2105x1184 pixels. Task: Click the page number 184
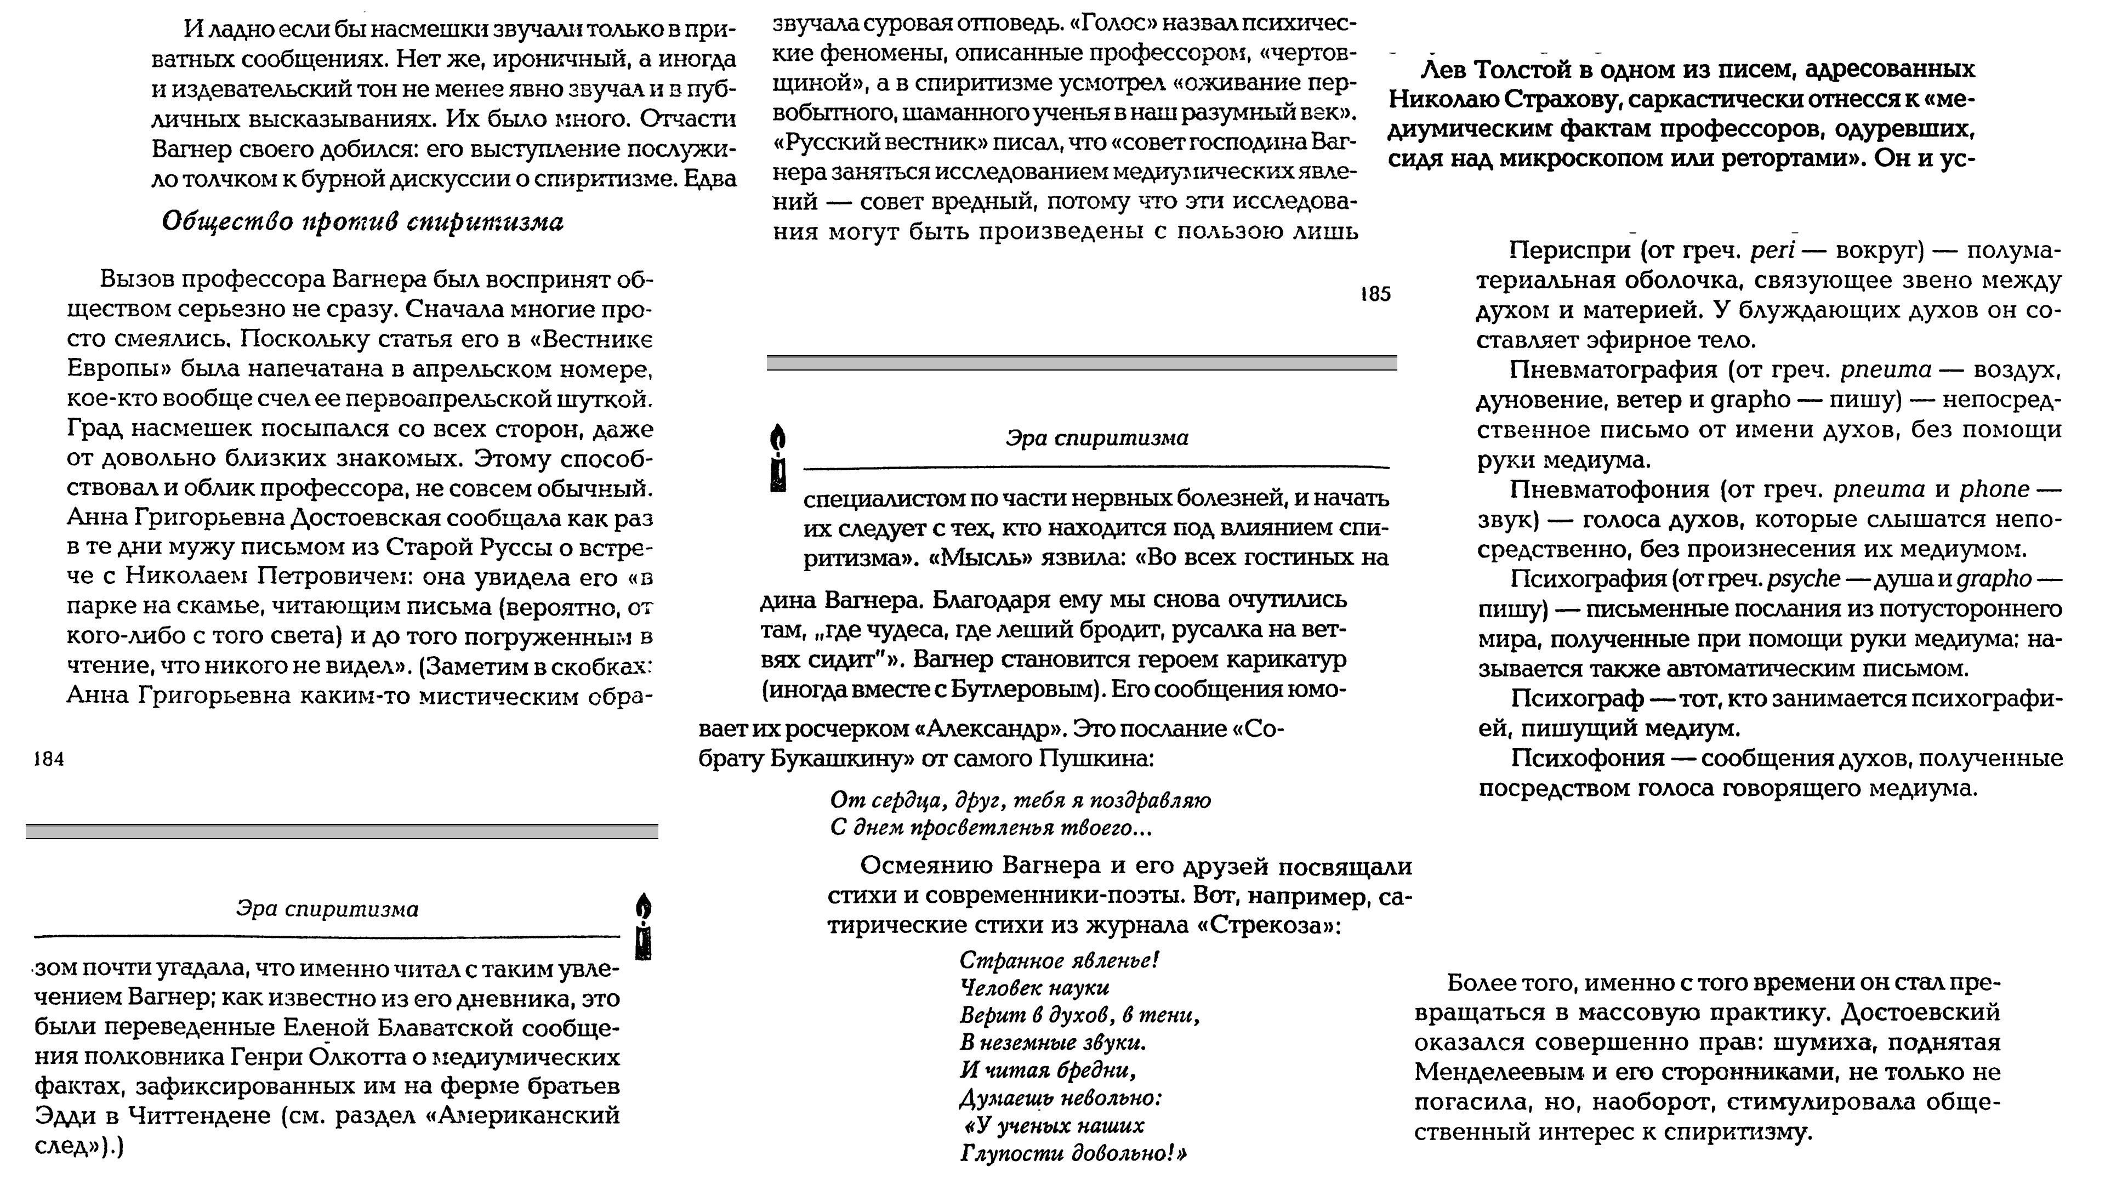click(x=49, y=759)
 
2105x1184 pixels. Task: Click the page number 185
click(x=1375, y=294)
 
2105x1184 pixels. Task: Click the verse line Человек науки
click(x=1034, y=988)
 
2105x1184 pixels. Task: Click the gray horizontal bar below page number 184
click(x=342, y=831)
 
